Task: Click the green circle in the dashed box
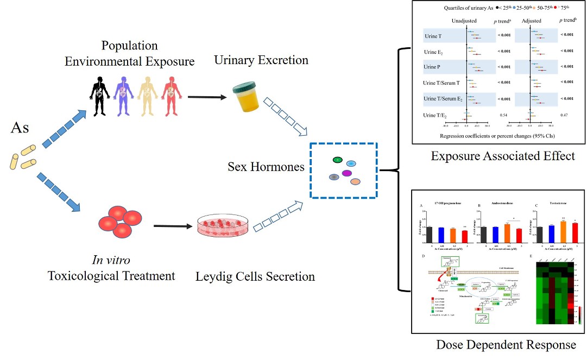337,160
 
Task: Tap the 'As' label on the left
21,128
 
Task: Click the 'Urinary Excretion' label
261,60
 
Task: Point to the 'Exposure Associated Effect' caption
502,156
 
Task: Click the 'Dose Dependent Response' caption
506,345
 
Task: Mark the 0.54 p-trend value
503,115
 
